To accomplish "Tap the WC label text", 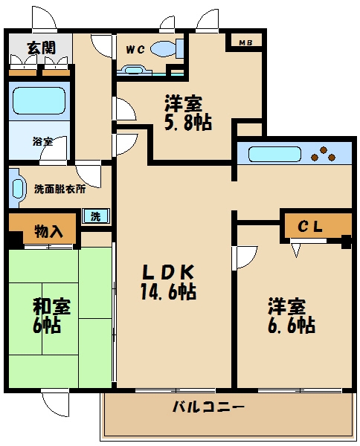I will point(135,50).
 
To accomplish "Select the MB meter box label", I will point(245,42).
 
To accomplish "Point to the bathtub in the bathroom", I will point(38,100).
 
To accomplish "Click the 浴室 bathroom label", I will point(42,140).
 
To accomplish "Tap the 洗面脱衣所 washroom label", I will point(60,189).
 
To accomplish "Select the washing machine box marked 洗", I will point(96,216).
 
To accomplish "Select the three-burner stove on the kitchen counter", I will point(325,155).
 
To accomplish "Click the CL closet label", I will point(310,227).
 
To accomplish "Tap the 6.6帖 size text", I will point(291,325).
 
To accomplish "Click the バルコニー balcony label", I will point(208,407).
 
